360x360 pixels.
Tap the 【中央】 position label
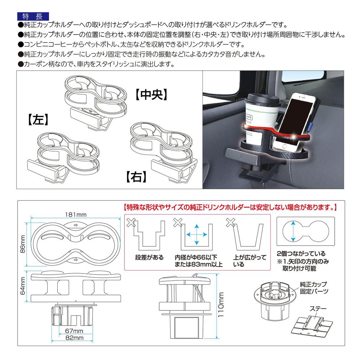pyautogui.click(x=152, y=94)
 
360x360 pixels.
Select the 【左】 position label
pyautogui.click(x=38, y=120)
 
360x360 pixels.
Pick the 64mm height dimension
pyautogui.click(x=23, y=286)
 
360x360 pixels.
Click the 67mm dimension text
pyautogui.click(x=74, y=331)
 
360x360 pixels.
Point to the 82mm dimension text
pyautogui.click(x=74, y=338)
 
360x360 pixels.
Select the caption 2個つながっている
pyautogui.click(x=301, y=253)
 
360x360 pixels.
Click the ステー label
pyautogui.click(x=318, y=309)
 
